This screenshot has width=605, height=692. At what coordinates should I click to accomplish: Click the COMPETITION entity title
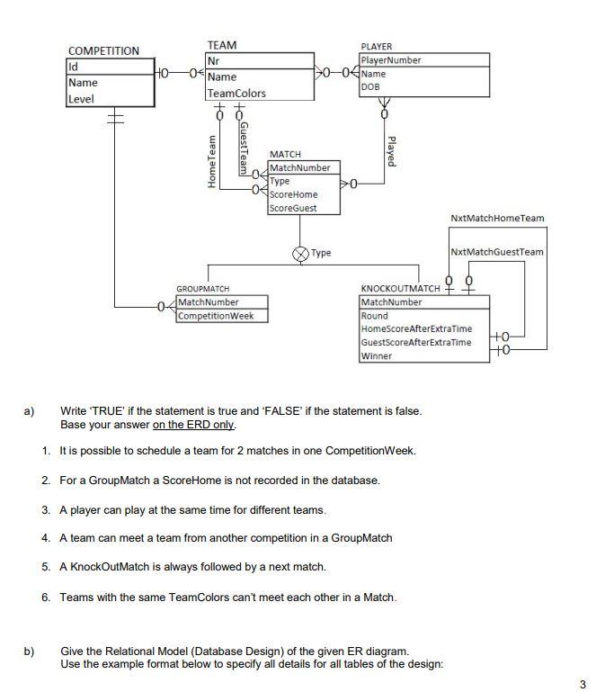coord(103,50)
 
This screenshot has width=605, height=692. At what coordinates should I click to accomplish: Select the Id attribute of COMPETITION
coord(74,66)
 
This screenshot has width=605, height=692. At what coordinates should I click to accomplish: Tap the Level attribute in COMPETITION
coord(81,98)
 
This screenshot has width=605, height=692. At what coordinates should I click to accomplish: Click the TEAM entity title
coord(222,45)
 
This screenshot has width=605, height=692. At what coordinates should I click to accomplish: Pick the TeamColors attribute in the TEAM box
coord(236,94)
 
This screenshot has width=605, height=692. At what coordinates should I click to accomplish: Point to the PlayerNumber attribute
coord(391,60)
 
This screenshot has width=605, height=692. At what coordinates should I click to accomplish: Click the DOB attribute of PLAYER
coord(369,87)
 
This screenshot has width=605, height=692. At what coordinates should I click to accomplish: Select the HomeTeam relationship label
coord(213,161)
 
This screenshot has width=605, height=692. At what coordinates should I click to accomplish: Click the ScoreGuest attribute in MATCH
coord(293,208)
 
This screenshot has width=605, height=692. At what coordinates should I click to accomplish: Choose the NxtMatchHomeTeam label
coord(497,218)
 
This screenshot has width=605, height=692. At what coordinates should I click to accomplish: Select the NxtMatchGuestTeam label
coord(497,252)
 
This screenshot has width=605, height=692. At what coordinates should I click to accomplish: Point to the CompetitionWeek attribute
coord(216,316)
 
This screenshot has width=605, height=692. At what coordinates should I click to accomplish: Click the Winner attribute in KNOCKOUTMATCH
coord(377,356)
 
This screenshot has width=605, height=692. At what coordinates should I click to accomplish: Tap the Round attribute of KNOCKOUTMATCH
coord(374,316)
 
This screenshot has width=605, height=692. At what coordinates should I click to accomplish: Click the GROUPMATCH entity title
coord(202,290)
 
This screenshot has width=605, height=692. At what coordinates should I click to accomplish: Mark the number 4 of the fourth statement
coord(45,538)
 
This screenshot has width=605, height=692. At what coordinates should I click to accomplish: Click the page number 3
coord(584,685)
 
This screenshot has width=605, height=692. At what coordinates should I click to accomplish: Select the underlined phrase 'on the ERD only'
coord(191,424)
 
